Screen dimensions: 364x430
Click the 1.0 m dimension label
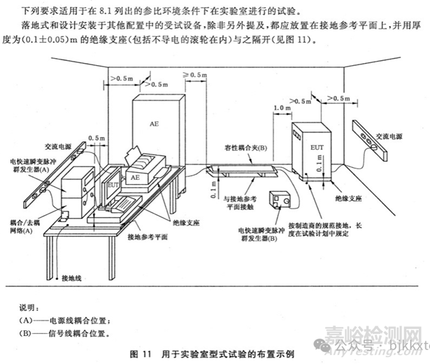282,108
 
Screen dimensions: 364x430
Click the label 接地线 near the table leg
72,278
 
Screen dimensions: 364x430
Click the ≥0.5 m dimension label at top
196,74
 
